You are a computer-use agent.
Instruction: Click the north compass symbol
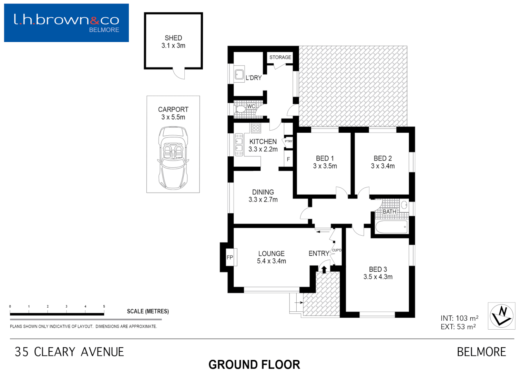pos(501,316)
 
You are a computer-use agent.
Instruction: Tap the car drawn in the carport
pos(173,158)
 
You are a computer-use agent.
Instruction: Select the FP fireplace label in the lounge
pos(230,257)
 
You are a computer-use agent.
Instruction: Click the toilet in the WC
pos(240,109)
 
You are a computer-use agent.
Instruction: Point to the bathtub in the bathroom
pos(391,227)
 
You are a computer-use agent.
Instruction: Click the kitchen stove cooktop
pos(256,128)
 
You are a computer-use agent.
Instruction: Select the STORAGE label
pos(280,58)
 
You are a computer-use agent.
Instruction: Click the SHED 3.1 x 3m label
pos(173,42)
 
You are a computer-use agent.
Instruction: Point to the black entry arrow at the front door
pos(324,269)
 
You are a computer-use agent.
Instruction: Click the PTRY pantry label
pos(288,141)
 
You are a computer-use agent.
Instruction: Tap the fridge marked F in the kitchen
pos(288,159)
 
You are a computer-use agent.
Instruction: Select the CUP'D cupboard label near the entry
pos(336,250)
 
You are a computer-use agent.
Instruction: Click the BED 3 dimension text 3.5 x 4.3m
pos(378,277)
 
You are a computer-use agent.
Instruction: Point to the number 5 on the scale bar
pos(104,306)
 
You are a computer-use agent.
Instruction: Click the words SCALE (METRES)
pos(148,311)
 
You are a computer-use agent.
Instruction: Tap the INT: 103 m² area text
pos(459,318)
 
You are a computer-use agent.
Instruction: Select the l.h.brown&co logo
pos(67,23)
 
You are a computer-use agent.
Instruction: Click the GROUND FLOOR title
pos(254,364)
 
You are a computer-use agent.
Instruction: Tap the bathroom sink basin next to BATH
pos(404,206)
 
